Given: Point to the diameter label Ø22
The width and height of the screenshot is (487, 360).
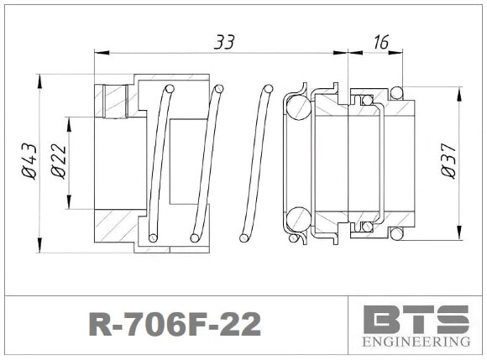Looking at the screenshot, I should [x=58, y=160].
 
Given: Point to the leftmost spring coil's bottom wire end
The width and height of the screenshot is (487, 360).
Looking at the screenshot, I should [x=152, y=237].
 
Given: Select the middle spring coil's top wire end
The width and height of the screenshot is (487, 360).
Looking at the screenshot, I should [x=219, y=89].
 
